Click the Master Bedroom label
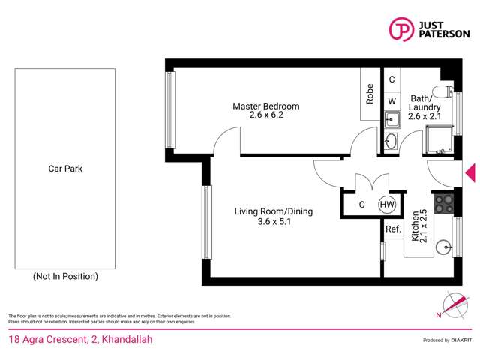(x=266, y=106)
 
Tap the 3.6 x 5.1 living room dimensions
(x=274, y=221)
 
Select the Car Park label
(x=65, y=169)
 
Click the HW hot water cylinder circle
(x=387, y=204)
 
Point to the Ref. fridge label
(x=393, y=229)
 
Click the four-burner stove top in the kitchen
(x=443, y=204)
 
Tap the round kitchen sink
(x=443, y=247)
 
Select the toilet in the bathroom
(x=443, y=91)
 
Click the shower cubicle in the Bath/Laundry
(x=439, y=140)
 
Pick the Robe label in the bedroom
(x=370, y=94)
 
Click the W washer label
(x=391, y=100)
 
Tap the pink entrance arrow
(x=470, y=173)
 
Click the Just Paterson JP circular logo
(x=401, y=29)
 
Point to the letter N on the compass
(x=439, y=315)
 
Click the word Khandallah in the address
(x=127, y=339)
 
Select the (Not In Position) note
(x=65, y=276)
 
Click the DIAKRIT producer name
(x=461, y=340)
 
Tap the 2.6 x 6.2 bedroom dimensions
(x=266, y=115)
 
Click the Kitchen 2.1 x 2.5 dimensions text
(x=419, y=226)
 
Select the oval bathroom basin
(x=391, y=142)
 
